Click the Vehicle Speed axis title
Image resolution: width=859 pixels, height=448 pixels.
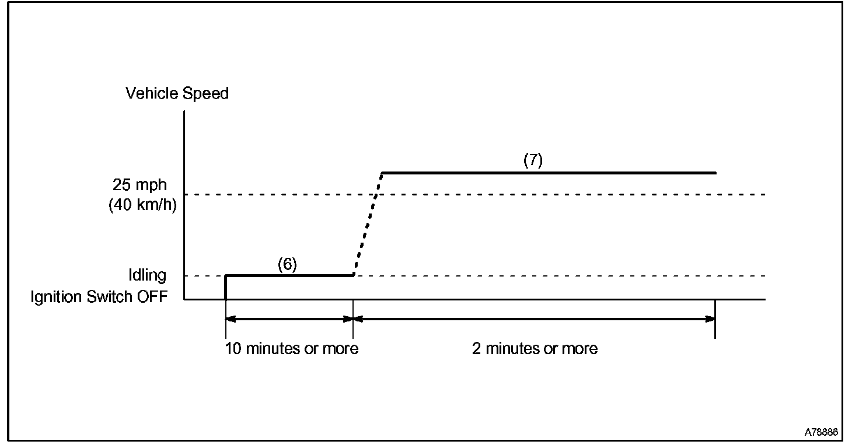pyautogui.click(x=177, y=93)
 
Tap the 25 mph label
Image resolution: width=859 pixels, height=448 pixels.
pyautogui.click(x=139, y=185)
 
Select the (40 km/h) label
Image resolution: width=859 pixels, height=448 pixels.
pyautogui.click(x=142, y=205)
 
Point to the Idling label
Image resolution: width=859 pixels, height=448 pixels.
pyautogui.click(x=147, y=275)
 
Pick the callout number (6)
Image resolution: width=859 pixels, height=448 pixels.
pyautogui.click(x=287, y=264)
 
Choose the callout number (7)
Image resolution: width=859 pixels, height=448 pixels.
pyautogui.click(x=533, y=161)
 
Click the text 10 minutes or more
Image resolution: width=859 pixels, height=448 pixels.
pyautogui.click(x=291, y=349)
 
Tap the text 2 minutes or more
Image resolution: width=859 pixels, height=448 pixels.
pyautogui.click(x=535, y=349)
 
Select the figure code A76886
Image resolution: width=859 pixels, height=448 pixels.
pyautogui.click(x=821, y=433)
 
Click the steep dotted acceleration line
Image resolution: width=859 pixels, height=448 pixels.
pyautogui.click(x=368, y=225)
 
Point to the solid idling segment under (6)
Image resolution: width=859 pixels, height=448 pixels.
pyautogui.click(x=289, y=275)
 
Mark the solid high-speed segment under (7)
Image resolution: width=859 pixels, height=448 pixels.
pyautogui.click(x=549, y=173)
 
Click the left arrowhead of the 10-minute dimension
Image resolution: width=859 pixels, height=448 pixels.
pyautogui.click(x=230, y=319)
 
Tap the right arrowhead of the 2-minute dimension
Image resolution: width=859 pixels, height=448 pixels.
pyautogui.click(x=710, y=319)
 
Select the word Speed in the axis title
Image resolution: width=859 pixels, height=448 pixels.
pyautogui.click(x=205, y=93)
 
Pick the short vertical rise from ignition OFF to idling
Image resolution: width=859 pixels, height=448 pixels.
pyautogui.click(x=226, y=287)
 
